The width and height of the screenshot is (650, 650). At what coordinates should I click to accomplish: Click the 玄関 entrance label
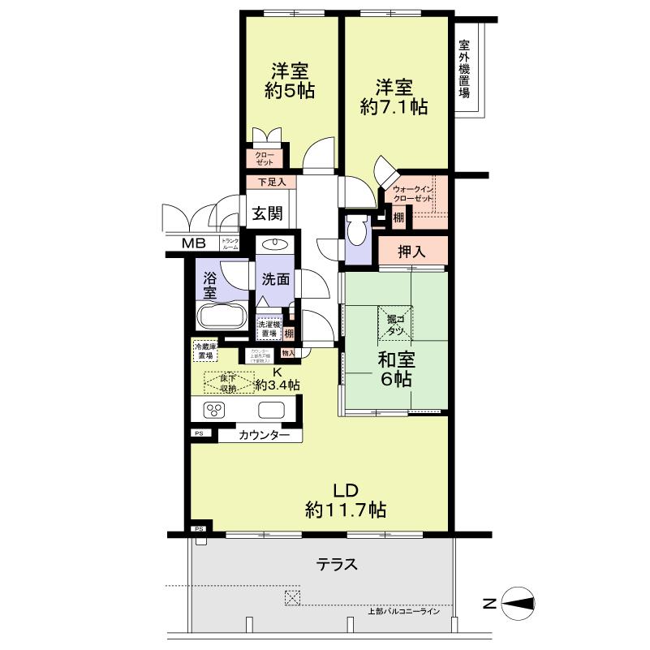point(266,214)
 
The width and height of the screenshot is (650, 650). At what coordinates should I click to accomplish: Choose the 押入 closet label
point(413,252)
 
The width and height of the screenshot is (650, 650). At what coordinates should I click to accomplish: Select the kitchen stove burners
point(214,409)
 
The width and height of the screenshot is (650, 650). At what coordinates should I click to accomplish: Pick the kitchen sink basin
point(270,409)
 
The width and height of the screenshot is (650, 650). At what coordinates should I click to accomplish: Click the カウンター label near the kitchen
point(265,436)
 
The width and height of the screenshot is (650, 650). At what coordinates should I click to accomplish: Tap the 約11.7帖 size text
point(345,510)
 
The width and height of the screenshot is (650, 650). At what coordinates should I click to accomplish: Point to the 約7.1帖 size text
point(394,108)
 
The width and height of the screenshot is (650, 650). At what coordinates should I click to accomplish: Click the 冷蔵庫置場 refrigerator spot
point(203,350)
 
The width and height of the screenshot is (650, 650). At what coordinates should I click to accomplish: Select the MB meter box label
point(193,243)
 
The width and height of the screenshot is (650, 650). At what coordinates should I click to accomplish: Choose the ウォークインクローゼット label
point(414,194)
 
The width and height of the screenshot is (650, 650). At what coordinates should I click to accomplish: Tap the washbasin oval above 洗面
point(276,244)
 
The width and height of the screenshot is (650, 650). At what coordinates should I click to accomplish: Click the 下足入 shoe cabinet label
point(265,183)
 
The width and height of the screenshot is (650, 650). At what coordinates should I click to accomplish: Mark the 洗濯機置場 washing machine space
point(268,329)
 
